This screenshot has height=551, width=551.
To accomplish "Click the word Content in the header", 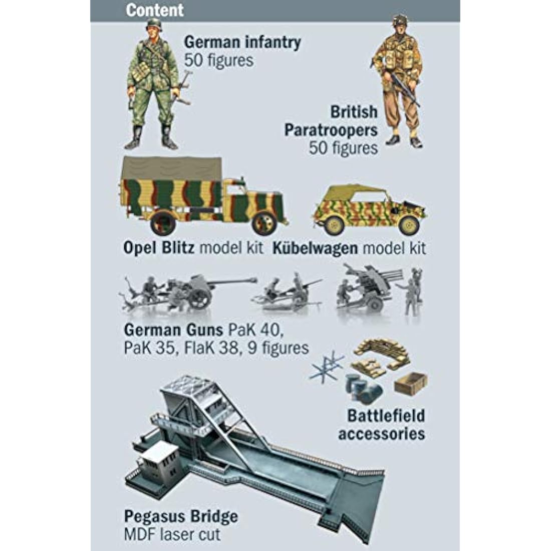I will (155, 10).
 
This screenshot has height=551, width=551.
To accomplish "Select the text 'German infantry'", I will (242, 42).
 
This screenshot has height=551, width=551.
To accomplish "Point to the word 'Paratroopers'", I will (331, 130).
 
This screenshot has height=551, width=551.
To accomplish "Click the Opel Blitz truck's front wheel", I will (264, 223).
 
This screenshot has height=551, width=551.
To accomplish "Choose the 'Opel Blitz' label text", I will (159, 247).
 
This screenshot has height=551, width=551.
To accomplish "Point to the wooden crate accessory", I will (410, 383).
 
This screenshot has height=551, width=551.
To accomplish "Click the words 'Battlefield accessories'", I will (382, 424).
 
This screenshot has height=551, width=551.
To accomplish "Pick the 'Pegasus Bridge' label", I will (181, 516).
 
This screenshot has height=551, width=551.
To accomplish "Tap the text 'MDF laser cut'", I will (172, 534).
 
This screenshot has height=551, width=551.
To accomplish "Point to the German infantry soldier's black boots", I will (151, 138).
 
